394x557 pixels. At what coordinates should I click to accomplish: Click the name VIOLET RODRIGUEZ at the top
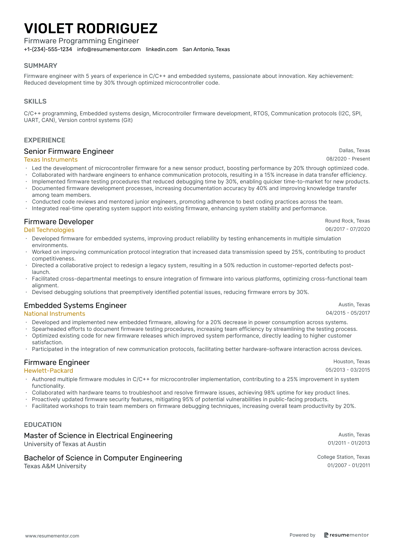(x=91, y=28)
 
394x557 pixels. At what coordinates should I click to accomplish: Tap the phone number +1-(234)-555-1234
(x=48, y=49)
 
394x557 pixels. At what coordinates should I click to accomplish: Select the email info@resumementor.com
(x=109, y=49)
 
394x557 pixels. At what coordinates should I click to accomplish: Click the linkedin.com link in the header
(x=162, y=49)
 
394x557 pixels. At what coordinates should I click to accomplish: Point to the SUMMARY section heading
(x=41, y=66)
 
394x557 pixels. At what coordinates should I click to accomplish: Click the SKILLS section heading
(x=35, y=101)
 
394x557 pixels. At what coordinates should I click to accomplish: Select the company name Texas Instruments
(x=51, y=160)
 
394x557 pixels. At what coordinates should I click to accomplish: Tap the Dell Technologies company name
(x=49, y=230)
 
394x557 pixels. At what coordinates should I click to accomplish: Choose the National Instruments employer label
(x=54, y=314)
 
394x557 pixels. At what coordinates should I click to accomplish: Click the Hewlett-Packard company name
(x=48, y=371)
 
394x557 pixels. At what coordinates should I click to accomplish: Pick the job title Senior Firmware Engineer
(x=69, y=151)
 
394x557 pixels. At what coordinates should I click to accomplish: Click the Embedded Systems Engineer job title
(x=75, y=305)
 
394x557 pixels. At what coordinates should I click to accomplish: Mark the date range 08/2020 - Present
(x=348, y=159)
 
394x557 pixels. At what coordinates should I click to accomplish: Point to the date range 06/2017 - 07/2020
(x=347, y=229)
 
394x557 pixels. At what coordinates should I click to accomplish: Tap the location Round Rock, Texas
(x=347, y=221)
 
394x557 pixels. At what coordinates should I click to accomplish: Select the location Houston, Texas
(x=352, y=362)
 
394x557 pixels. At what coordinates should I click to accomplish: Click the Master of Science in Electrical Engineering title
(x=98, y=436)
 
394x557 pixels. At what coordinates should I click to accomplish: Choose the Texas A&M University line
(x=55, y=466)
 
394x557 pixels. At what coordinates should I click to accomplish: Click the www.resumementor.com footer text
(x=52, y=536)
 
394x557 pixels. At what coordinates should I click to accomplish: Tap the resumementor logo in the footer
(x=346, y=535)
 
